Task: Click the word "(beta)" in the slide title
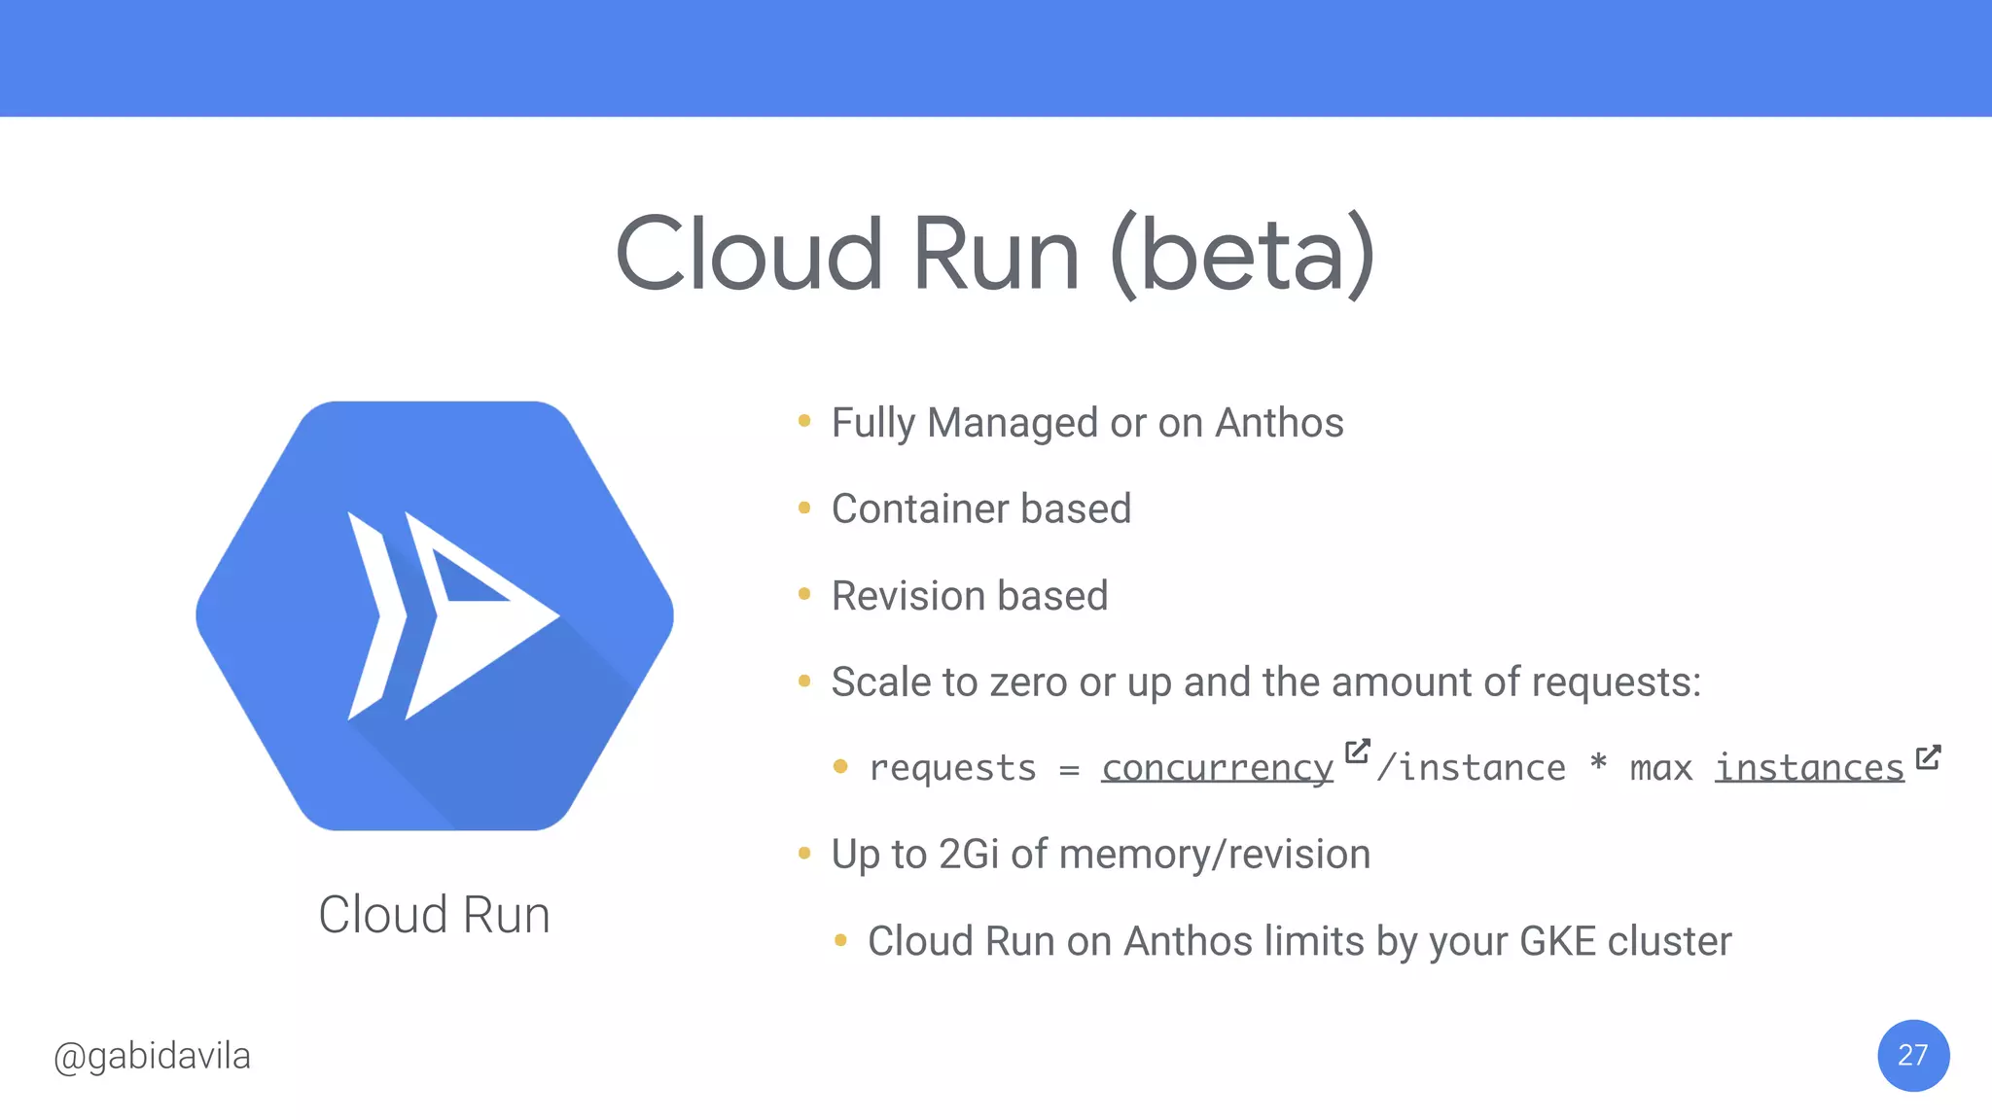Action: click(1242, 255)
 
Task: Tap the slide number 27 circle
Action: click(1912, 1055)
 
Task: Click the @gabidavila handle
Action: click(153, 1056)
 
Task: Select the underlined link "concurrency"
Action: click(1217, 768)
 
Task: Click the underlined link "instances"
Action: click(1808, 768)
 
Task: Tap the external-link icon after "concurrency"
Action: click(1357, 752)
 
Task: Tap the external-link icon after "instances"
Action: click(1928, 757)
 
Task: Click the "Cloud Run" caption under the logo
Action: click(434, 915)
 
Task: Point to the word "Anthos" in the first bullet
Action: click(1279, 423)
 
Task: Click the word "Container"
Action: click(918, 508)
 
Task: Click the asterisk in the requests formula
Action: click(1597, 764)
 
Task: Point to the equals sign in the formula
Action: click(1069, 770)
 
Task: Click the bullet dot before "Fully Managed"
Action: click(804, 421)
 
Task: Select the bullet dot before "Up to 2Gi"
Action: click(804, 854)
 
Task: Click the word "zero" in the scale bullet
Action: click(1029, 682)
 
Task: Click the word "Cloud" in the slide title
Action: click(749, 255)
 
